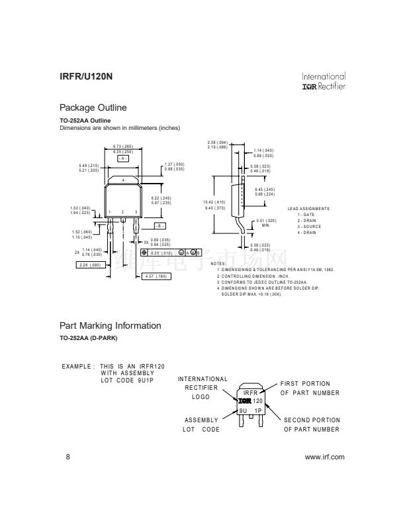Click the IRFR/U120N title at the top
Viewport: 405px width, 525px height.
tap(86, 77)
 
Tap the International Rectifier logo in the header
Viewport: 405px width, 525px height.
tap(323, 82)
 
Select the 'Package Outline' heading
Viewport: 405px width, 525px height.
tap(93, 107)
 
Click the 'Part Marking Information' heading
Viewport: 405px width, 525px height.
tap(111, 325)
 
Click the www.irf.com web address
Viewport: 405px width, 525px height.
tap(324, 457)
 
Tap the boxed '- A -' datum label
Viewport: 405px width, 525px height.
tap(123, 158)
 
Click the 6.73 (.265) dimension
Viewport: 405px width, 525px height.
tap(123, 146)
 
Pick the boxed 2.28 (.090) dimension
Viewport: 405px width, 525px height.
tap(89, 264)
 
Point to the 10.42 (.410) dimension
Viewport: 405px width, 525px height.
tap(216, 202)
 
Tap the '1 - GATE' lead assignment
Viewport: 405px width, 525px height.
tap(306, 215)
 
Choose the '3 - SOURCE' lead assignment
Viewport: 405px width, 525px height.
tap(309, 226)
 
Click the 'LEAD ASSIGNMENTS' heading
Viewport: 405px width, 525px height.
tap(308, 209)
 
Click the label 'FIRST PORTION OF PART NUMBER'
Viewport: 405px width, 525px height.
tap(310, 388)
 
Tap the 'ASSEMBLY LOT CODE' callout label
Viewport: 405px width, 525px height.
tap(201, 425)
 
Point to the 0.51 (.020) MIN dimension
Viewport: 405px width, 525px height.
tap(266, 223)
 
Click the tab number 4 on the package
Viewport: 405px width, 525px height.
tap(123, 180)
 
